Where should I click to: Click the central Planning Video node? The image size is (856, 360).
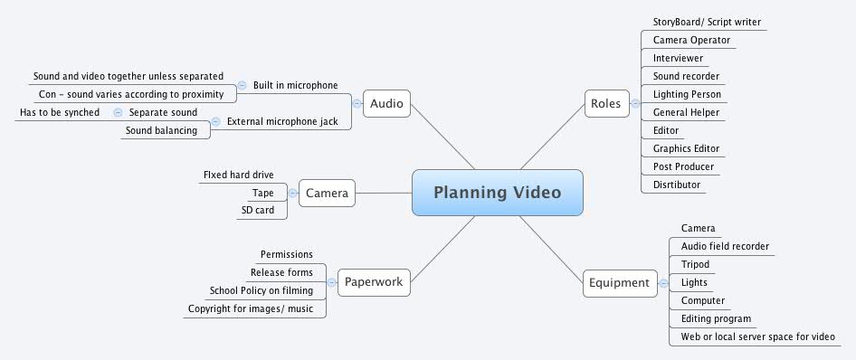tap(497, 193)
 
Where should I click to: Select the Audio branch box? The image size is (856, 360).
tap(387, 103)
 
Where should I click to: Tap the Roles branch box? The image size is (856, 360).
tap(605, 103)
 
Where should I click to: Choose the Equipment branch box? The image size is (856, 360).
tap(619, 282)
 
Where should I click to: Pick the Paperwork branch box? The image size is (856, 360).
tap(373, 282)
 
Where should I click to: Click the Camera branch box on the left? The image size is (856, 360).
tap(327, 193)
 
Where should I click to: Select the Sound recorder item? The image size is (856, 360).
tap(686, 76)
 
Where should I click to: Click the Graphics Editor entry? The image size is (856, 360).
tap(686, 148)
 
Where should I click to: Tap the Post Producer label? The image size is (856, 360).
tap(683, 166)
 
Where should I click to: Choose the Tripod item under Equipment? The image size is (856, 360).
tap(695, 264)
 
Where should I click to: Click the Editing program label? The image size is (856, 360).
tap(716, 318)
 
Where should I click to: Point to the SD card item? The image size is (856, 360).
tap(259, 210)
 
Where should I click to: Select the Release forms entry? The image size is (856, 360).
tap(281, 272)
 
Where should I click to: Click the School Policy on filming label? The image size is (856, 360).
tap(261, 290)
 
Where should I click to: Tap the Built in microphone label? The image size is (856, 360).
tap(295, 85)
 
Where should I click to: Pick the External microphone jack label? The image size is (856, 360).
tap(288, 121)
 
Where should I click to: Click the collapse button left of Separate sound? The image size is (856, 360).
tap(118, 112)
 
